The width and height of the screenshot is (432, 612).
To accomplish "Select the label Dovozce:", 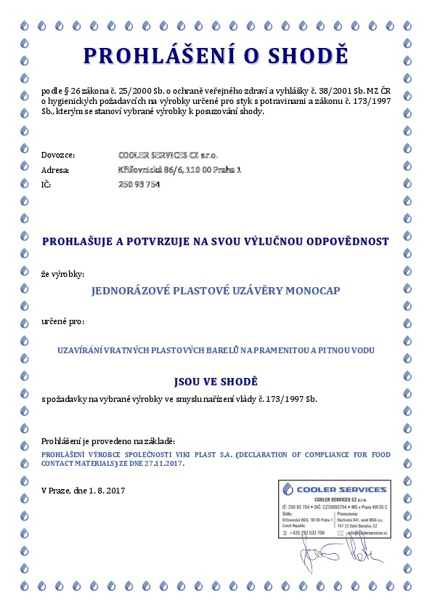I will [58, 155].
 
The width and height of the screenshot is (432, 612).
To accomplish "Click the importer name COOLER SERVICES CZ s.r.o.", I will [167, 155].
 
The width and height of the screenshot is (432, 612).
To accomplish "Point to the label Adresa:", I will [56, 170].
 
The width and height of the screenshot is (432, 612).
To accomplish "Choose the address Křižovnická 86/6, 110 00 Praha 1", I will [179, 169].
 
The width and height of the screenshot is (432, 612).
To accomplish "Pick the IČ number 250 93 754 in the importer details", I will [139, 185].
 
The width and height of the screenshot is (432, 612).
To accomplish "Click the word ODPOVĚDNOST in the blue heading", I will [346, 241].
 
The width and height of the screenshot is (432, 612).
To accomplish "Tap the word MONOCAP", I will [312, 291].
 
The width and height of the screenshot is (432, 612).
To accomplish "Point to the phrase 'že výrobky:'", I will [63, 274].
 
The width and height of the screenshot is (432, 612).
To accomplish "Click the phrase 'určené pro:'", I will [63, 321].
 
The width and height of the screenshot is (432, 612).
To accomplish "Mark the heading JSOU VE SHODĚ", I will [216, 381].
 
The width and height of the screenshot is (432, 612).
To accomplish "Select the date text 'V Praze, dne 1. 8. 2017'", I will [83, 491].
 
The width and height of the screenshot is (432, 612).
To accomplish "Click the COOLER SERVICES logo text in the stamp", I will [344, 488].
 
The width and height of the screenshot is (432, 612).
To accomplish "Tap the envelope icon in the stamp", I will [341, 533].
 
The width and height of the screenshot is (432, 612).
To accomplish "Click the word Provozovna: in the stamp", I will [352, 514].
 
